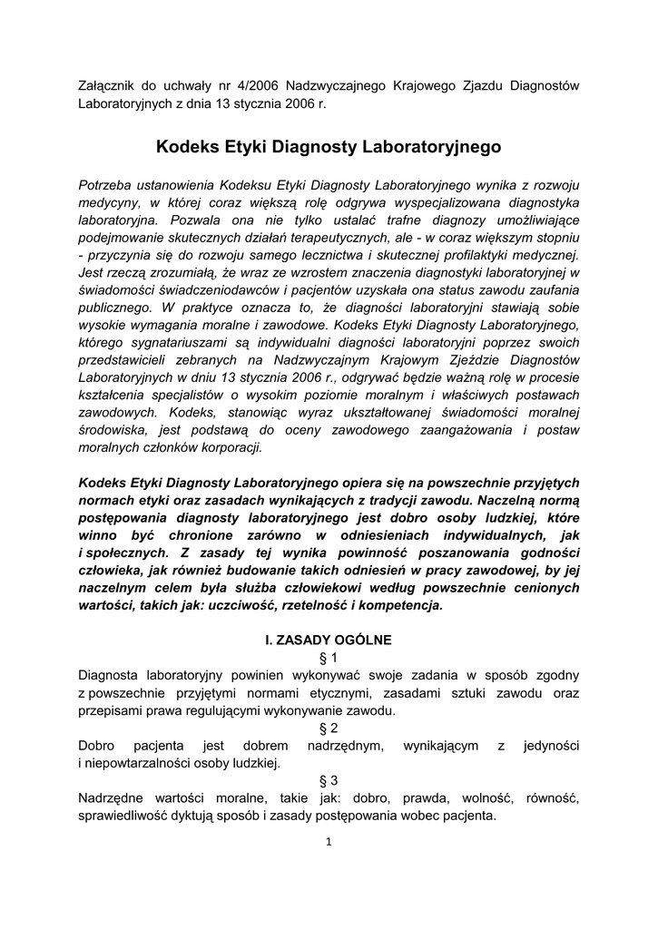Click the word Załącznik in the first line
tap(109, 85)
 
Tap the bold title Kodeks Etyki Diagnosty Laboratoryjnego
tap(329, 145)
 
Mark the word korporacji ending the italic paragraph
tap(231, 447)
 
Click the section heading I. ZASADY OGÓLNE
tap(329, 640)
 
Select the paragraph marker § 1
tap(329, 658)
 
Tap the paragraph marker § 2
tap(329, 728)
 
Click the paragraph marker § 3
tap(329, 780)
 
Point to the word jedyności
tap(551, 746)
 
